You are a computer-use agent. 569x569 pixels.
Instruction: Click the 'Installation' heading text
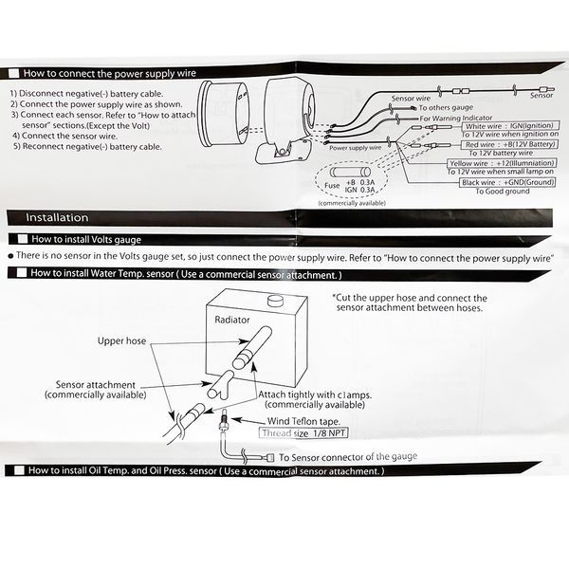pyautogui.click(x=57, y=217)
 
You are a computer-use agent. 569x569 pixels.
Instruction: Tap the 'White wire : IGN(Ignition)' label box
pyautogui.click(x=510, y=126)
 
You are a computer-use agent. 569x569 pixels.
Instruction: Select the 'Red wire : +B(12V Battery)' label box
pyautogui.click(x=510, y=144)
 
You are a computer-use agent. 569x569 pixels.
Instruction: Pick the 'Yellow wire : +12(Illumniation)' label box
pyautogui.click(x=502, y=163)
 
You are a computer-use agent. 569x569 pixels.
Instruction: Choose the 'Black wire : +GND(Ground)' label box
pyautogui.click(x=507, y=182)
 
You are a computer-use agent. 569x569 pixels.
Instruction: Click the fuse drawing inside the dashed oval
pyautogui.click(x=350, y=172)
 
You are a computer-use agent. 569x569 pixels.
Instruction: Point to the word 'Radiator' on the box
pyautogui.click(x=232, y=320)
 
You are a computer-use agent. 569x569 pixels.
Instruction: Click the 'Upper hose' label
pyautogui.click(x=121, y=341)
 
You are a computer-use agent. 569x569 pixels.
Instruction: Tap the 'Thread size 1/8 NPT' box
pyautogui.click(x=303, y=433)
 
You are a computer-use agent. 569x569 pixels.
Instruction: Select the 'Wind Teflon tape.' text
pyautogui.click(x=303, y=421)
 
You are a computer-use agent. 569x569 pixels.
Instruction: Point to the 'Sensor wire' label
pyautogui.click(x=411, y=99)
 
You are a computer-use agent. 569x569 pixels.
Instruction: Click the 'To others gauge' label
pyautogui.click(x=446, y=107)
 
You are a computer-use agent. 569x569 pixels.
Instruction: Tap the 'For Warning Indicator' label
pyautogui.click(x=456, y=118)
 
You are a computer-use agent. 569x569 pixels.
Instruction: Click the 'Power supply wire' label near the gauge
pyautogui.click(x=356, y=148)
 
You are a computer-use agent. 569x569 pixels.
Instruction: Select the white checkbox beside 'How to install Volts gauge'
pyautogui.click(x=23, y=239)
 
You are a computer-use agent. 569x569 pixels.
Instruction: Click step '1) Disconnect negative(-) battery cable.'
pyautogui.click(x=86, y=94)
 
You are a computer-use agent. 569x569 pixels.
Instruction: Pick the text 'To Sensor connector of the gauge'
pyautogui.click(x=348, y=457)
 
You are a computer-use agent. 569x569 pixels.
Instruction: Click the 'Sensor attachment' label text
pyautogui.click(x=96, y=385)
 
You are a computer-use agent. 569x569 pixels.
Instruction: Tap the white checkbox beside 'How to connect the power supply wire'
pyautogui.click(x=14, y=73)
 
